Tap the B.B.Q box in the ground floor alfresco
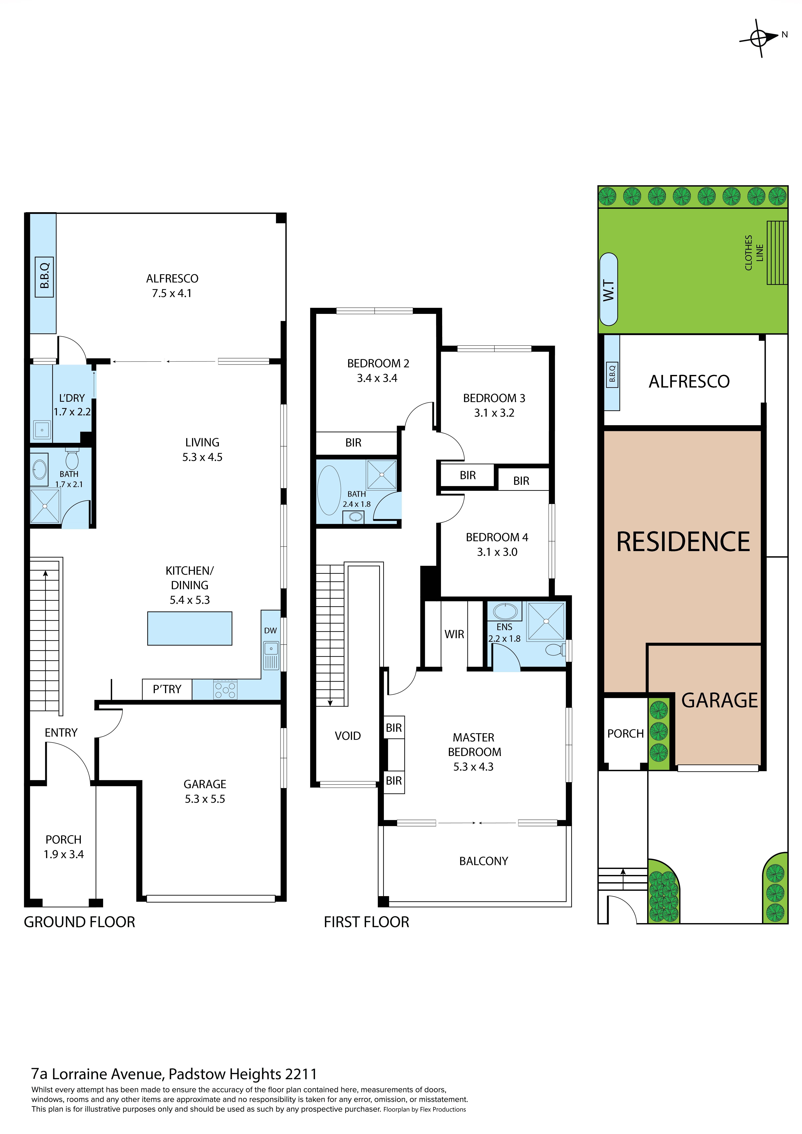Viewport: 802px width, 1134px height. (x=44, y=277)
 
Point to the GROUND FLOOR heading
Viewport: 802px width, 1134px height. (x=80, y=922)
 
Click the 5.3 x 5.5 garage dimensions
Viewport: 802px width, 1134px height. (x=205, y=799)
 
